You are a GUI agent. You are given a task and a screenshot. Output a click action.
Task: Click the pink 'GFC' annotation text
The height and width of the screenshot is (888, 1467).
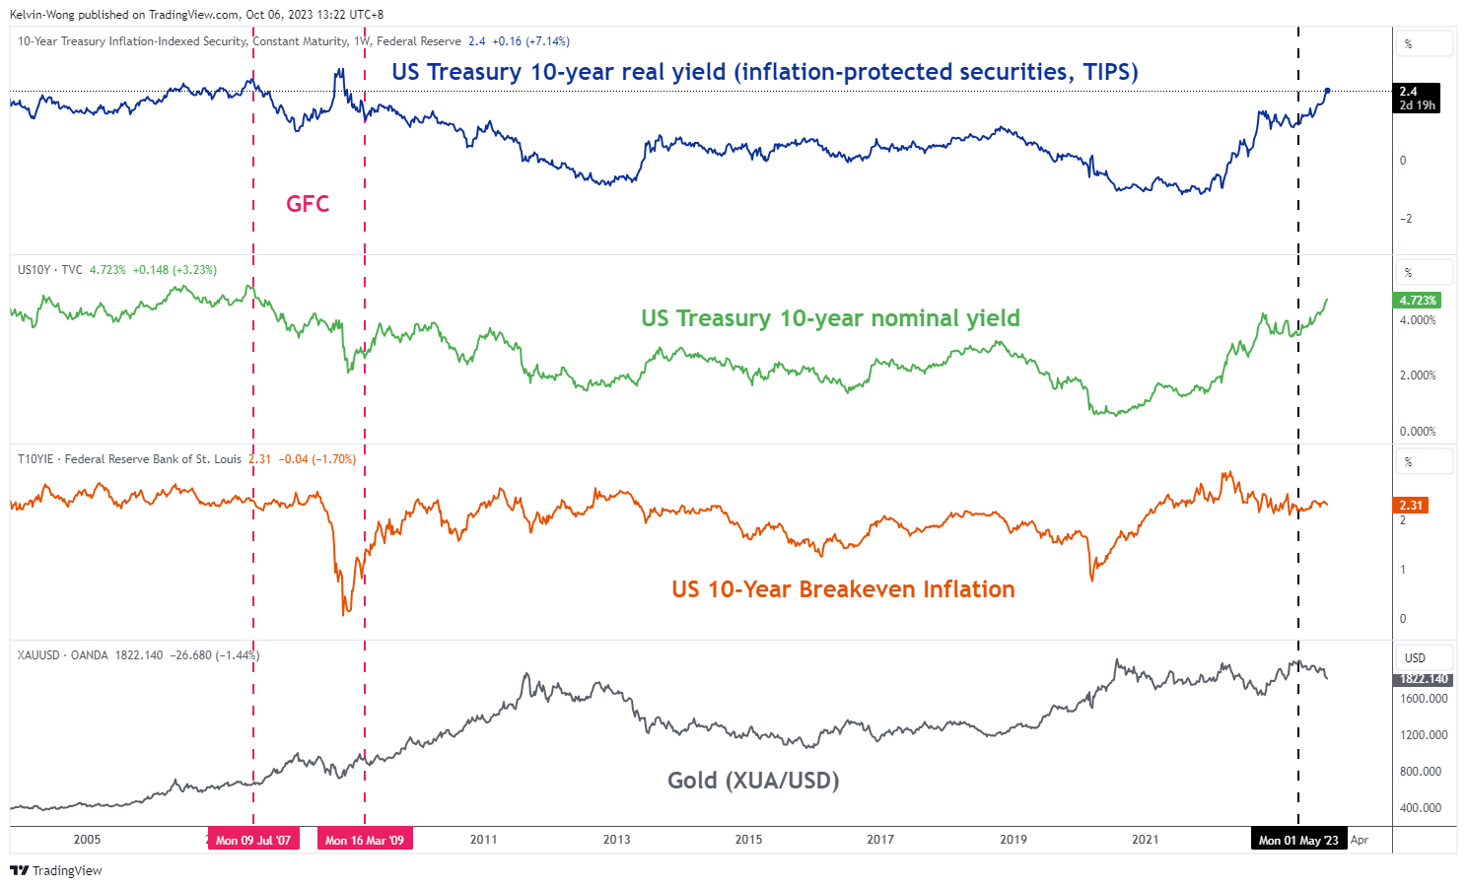coord(308,204)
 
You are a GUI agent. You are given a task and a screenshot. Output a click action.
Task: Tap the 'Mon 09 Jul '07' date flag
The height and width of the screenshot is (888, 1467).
coord(253,840)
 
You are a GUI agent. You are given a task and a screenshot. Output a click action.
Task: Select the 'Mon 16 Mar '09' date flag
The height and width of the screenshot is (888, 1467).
coord(365,840)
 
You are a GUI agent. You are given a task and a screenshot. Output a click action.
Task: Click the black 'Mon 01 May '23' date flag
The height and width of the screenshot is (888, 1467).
coord(1298,840)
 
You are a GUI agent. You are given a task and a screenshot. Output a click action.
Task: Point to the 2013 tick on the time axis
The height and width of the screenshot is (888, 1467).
coord(616,840)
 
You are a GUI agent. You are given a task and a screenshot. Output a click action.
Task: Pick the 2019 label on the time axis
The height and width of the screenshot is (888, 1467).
coord(1013,840)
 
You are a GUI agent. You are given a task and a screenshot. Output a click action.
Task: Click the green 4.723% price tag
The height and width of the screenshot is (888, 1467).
coord(1418,301)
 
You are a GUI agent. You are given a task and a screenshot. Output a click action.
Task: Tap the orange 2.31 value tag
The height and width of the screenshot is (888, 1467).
coord(1412,506)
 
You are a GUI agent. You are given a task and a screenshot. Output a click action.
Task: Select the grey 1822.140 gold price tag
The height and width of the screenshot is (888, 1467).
coord(1424,679)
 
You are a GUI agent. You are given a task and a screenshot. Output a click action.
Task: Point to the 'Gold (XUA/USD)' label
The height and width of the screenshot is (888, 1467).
coord(753,781)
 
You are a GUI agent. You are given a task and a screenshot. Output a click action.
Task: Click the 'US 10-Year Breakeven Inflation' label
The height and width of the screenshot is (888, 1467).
coord(843,589)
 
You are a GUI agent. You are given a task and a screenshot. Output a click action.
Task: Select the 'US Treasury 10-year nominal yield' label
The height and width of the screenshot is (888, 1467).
coord(830,318)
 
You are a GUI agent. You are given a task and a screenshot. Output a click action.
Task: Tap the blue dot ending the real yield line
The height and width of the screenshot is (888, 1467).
coord(1328,91)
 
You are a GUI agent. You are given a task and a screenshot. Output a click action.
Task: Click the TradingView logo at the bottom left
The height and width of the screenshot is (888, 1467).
coord(56,870)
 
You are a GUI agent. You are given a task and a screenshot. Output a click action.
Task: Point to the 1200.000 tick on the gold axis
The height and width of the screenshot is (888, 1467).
coord(1424,735)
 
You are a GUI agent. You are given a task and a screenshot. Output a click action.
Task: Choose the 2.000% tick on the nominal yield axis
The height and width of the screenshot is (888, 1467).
coord(1418,376)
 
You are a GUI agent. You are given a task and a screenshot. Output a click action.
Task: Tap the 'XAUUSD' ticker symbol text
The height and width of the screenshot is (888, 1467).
coord(38,655)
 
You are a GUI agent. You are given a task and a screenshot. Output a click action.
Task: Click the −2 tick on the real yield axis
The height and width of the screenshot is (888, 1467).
coord(1406,219)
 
